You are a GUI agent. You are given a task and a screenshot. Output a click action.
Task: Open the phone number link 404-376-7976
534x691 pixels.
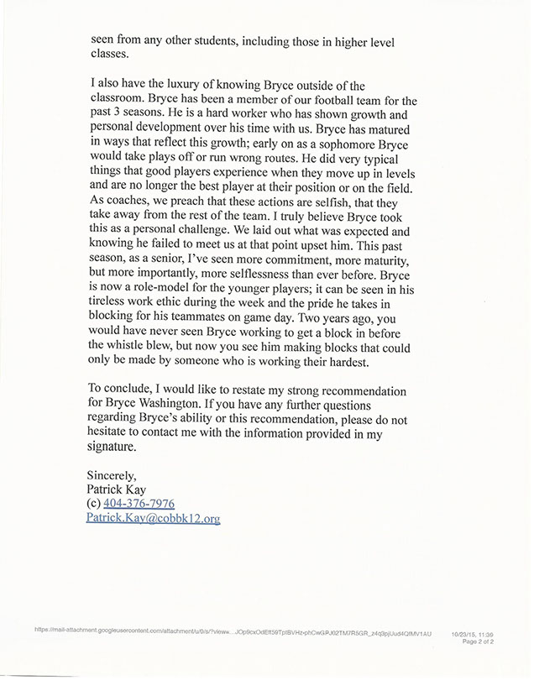(x=139, y=504)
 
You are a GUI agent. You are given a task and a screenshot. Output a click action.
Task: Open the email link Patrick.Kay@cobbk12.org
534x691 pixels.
(x=153, y=519)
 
